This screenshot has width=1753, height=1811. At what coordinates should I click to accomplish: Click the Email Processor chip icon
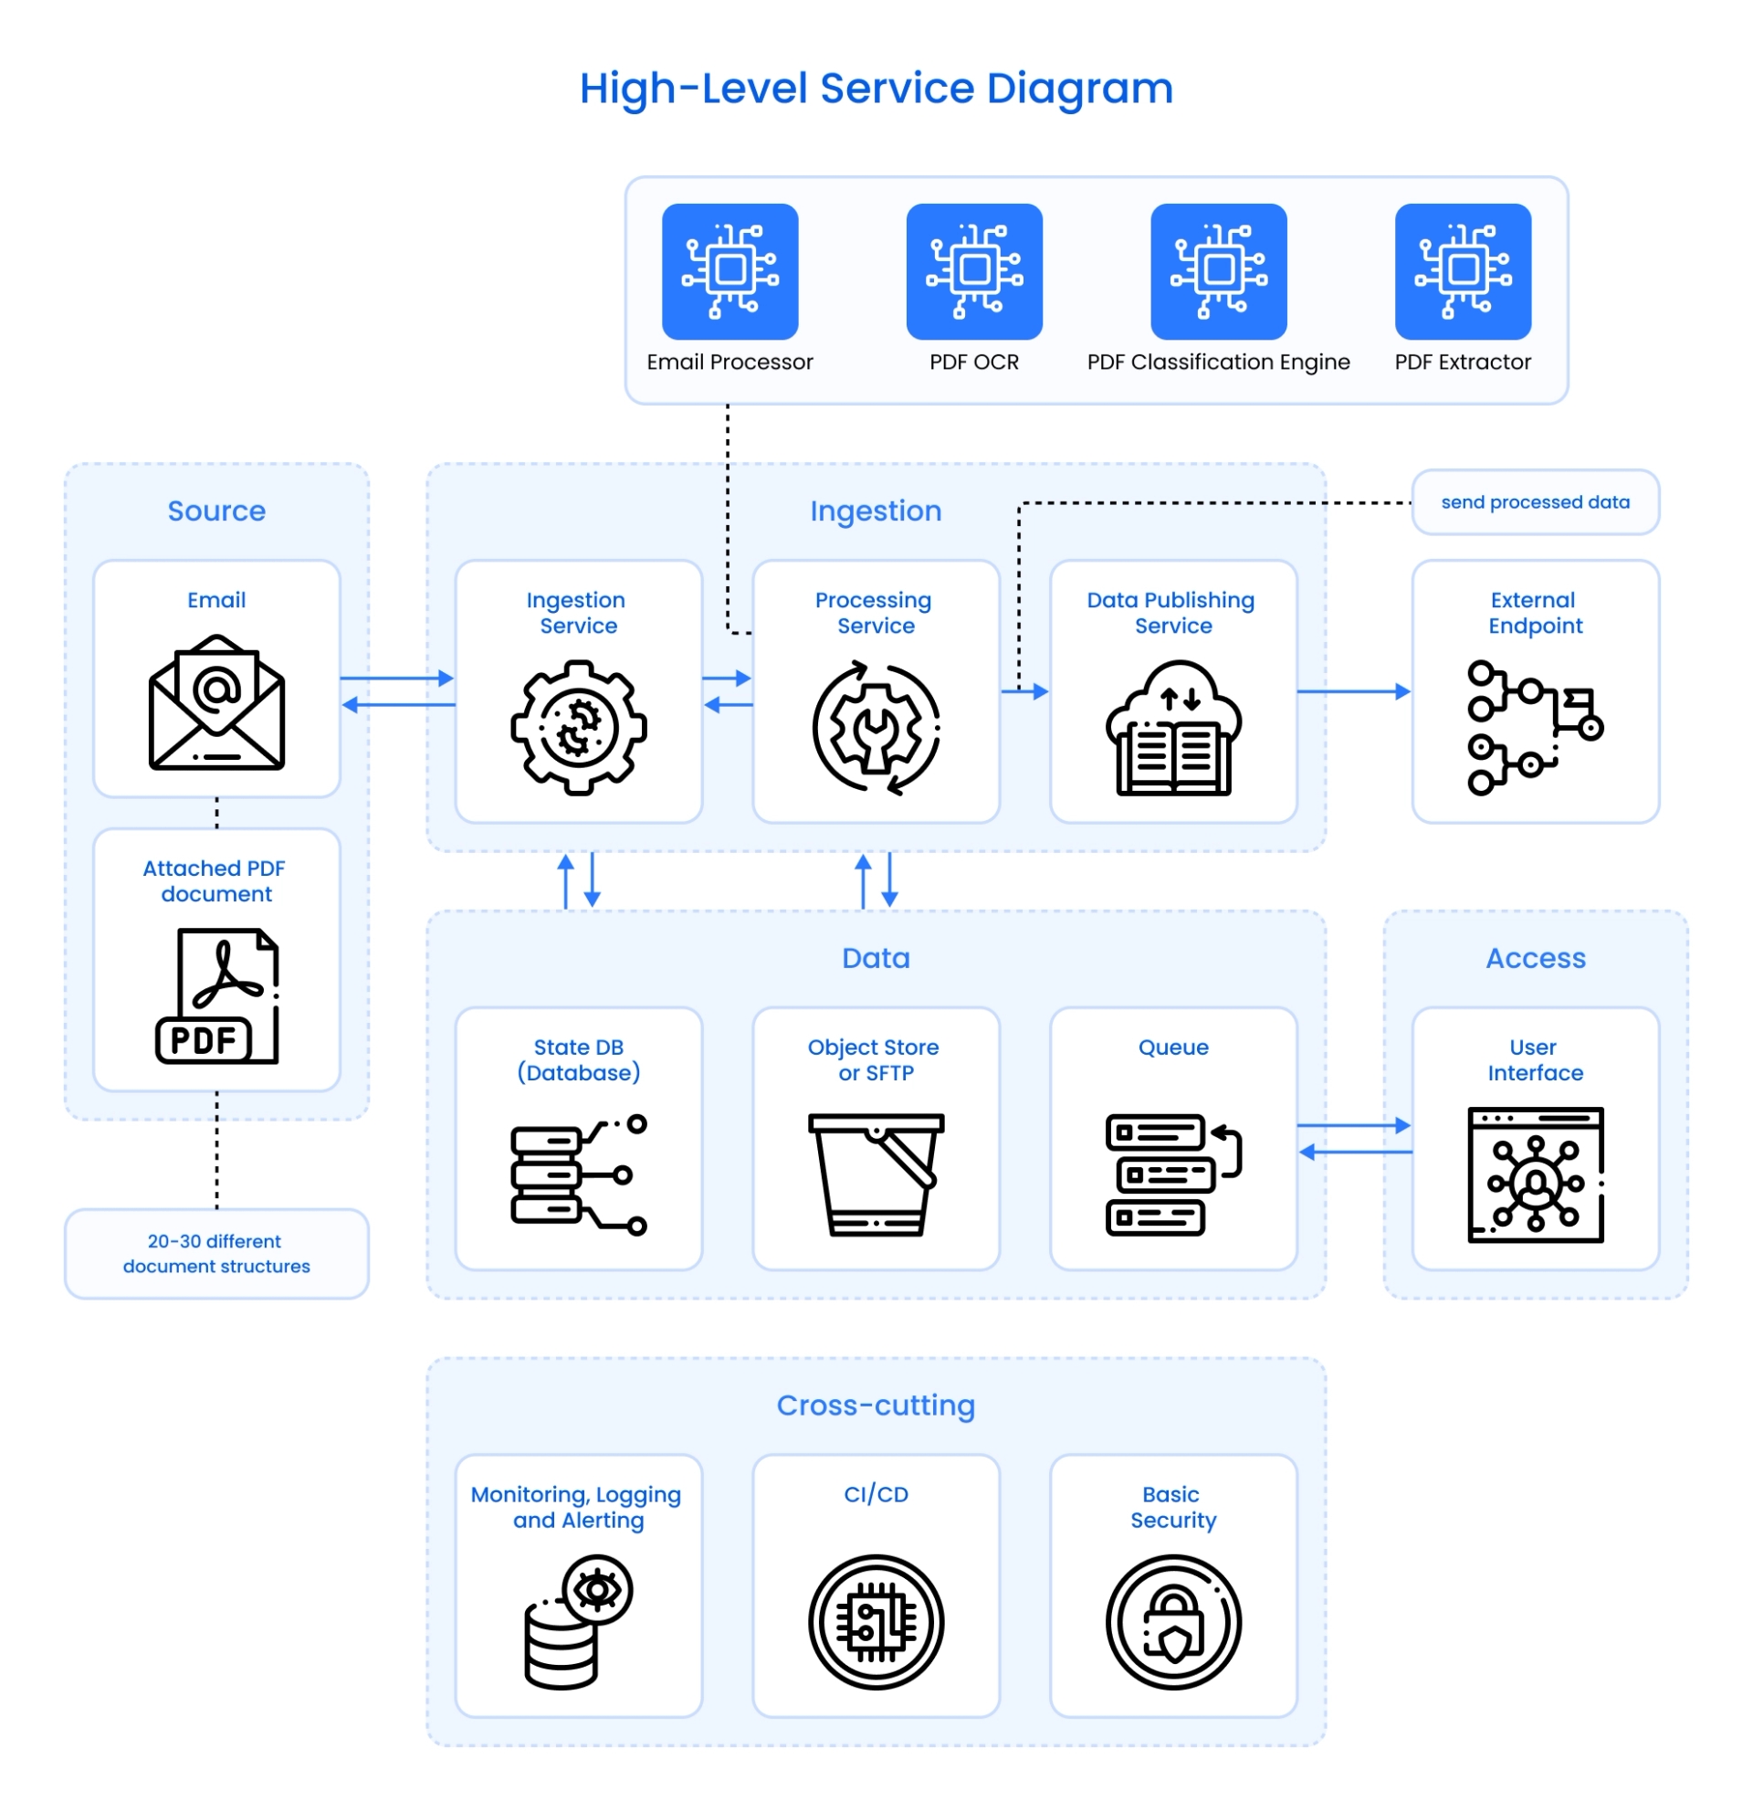(730, 271)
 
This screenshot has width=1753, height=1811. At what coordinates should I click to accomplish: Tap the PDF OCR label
(973, 363)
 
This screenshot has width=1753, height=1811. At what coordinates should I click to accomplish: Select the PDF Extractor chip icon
(1462, 271)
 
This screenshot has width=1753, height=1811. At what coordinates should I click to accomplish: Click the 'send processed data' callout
(1534, 501)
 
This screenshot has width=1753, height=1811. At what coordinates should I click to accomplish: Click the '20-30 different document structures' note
(216, 1253)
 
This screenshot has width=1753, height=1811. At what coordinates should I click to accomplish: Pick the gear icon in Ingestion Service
(578, 727)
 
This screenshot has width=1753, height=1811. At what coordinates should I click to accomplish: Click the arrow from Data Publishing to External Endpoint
(1353, 691)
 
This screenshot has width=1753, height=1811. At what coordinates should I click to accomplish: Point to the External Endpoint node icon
(1534, 727)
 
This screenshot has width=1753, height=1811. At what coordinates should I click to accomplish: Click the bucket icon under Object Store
(876, 1174)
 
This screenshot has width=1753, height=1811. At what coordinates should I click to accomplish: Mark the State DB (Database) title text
(578, 1059)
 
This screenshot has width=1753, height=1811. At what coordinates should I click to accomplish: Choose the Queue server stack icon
(1173, 1174)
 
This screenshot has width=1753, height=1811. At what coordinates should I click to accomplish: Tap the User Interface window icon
(1534, 1174)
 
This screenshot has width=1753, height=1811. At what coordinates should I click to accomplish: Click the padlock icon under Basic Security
(1173, 1623)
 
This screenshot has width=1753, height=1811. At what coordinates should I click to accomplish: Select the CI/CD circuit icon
(876, 1623)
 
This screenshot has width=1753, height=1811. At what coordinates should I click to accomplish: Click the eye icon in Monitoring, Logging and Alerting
(597, 1589)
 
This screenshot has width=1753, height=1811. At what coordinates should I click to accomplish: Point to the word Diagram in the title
(1079, 89)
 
